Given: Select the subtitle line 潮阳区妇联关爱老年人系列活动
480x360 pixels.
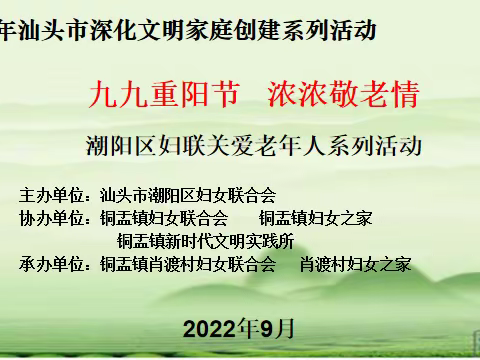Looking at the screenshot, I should click(255, 146).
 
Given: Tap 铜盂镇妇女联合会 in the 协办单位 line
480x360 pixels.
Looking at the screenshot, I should click(164, 217).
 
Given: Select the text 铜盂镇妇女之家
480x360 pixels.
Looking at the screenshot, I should click(316, 217).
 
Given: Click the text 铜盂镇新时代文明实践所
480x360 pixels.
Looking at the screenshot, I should click(205, 241).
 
